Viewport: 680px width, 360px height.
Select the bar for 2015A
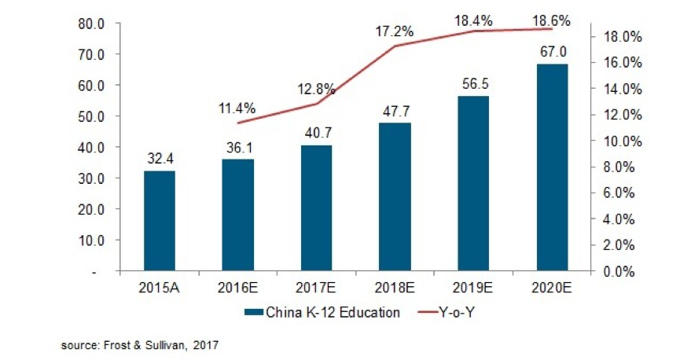159,221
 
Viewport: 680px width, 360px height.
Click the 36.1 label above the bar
237,148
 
